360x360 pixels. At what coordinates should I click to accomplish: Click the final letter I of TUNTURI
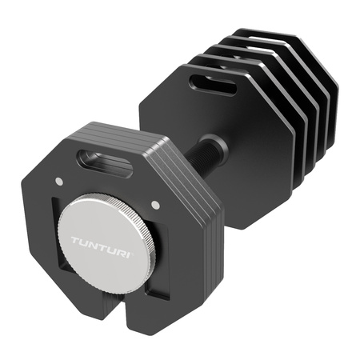pos(142,243)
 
